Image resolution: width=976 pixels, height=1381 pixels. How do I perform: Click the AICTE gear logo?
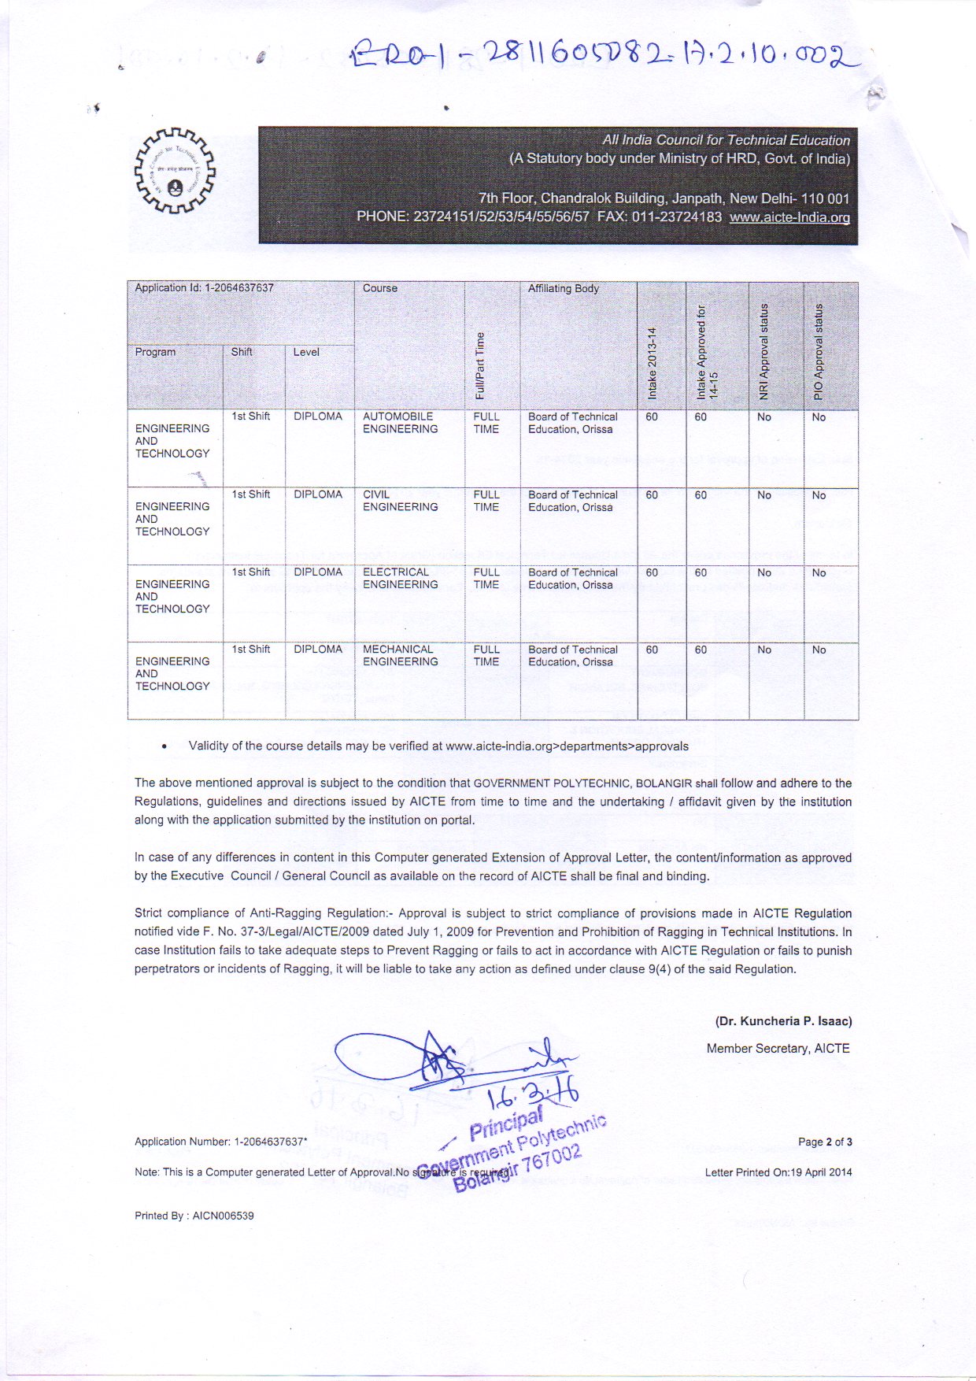pos(174,170)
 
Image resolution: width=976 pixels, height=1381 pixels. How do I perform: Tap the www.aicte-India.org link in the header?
pos(789,217)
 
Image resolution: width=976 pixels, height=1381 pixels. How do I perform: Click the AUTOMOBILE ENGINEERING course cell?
pos(400,423)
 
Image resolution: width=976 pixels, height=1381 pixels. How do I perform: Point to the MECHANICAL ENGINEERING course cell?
pos(400,655)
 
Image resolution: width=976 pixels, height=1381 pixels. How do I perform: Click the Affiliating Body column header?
pos(564,288)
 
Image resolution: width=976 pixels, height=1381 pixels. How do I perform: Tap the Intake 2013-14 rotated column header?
pos(652,362)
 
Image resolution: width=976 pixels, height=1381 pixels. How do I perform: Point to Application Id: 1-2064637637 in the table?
pos(204,287)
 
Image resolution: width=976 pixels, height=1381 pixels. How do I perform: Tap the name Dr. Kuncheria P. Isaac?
pos(783,1021)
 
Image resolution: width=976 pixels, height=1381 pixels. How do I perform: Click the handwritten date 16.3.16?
pos(534,1095)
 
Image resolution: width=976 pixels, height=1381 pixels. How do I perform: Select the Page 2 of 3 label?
pos(825,1142)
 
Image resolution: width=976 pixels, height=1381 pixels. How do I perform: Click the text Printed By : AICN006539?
pos(194,1216)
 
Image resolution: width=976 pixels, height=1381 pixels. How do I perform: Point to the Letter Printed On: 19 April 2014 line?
pos(778,1172)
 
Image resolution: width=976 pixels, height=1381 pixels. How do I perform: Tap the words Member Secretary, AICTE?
pos(778,1049)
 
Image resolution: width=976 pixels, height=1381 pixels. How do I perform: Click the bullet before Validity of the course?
pos(164,746)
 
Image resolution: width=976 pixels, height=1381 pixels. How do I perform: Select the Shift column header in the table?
pos(242,352)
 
